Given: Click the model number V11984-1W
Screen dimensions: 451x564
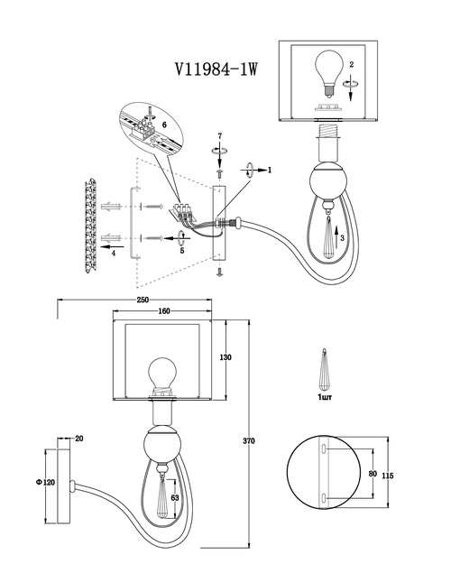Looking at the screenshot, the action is click(x=216, y=69).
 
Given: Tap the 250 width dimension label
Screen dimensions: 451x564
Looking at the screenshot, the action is click(x=143, y=300).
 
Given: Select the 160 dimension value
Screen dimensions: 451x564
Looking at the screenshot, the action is click(x=164, y=311).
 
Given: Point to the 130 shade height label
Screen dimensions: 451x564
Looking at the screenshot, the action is click(x=225, y=357).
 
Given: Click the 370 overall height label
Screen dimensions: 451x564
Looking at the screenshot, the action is click(x=249, y=440).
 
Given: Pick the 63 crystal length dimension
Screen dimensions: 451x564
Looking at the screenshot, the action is click(x=175, y=498).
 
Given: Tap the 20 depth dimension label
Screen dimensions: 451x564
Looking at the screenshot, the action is click(x=79, y=439).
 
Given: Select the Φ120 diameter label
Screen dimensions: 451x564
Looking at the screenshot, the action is click(x=46, y=483).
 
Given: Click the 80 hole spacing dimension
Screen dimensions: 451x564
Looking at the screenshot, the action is click(x=373, y=474).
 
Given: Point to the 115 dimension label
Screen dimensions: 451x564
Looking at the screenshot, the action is click(x=388, y=476).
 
